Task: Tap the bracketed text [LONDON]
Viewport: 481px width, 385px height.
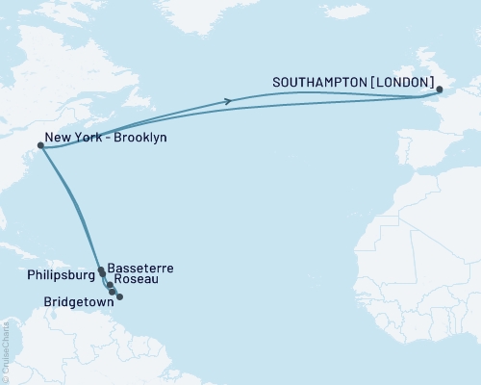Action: click(402, 84)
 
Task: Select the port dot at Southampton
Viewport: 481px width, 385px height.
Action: click(440, 90)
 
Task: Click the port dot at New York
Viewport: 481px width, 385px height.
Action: click(39, 146)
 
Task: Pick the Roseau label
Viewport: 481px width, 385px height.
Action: click(133, 282)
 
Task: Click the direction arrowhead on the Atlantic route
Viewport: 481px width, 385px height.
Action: click(228, 101)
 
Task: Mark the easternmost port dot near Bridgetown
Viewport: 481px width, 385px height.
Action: click(119, 296)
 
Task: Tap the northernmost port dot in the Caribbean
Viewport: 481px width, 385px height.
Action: click(101, 270)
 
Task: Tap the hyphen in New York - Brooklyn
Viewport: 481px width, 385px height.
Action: click(108, 139)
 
